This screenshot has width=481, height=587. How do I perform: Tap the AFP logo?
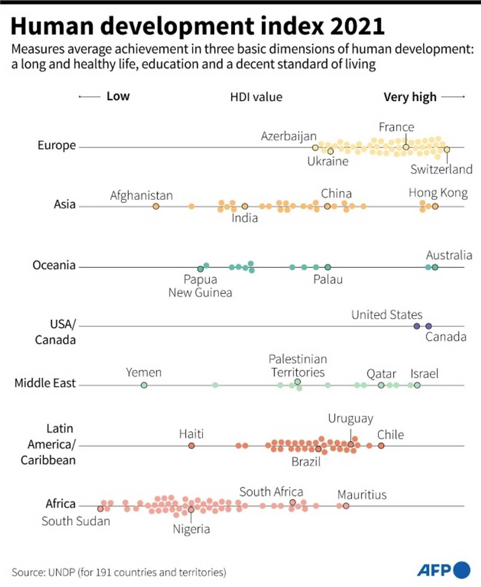pos(443,570)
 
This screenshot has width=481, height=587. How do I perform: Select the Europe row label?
pos(57,145)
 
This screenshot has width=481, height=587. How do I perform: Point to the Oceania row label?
pos(54,265)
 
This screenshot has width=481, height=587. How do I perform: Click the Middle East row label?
pos(45,383)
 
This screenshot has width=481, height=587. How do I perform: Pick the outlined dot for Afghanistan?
pos(156,206)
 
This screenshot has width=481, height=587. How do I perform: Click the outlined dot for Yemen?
pos(144,385)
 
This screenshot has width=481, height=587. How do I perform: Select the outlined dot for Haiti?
pos(192,446)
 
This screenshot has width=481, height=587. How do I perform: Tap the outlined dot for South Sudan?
pos(100,509)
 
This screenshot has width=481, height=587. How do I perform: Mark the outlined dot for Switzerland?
pos(447,150)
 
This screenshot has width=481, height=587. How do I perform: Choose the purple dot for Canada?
pos(428,326)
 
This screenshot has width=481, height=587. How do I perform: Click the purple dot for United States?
pos(417,326)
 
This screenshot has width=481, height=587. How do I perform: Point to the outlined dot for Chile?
pos(381,446)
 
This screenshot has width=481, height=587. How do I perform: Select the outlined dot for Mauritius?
pos(346,506)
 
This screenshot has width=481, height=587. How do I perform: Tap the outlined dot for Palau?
pos(328,267)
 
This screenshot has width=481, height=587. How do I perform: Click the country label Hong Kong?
pos(438,193)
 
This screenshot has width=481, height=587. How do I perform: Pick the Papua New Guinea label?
pos(200,286)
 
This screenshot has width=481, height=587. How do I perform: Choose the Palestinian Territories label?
pos(298,366)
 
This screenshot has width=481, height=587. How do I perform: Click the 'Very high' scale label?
pos(410,97)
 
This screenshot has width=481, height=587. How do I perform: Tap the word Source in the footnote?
pos(28,572)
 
